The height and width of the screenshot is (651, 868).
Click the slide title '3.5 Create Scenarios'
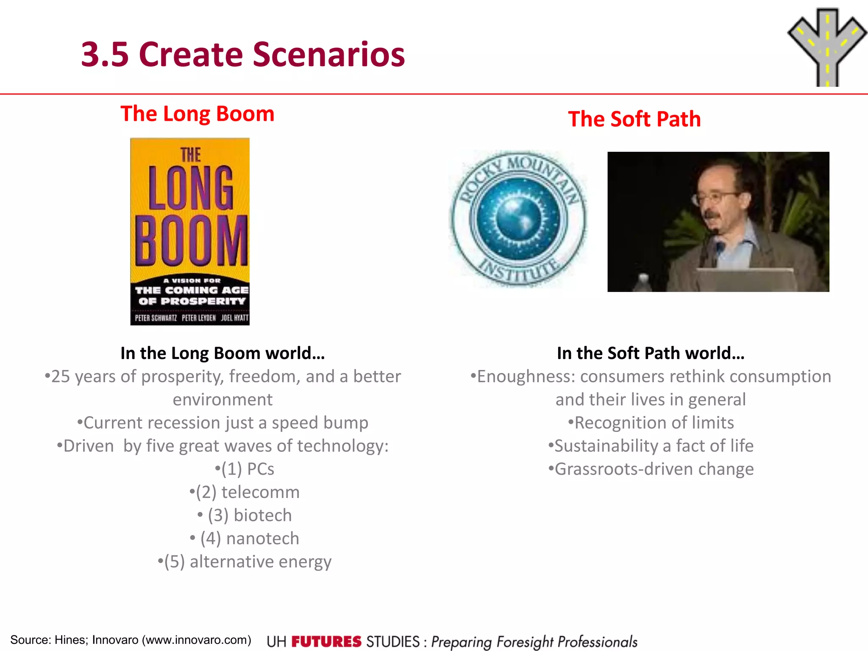click(x=243, y=54)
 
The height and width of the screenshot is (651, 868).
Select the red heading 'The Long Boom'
click(x=198, y=114)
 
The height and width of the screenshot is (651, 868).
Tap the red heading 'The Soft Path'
click(x=634, y=119)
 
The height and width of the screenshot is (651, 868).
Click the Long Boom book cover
click(x=190, y=231)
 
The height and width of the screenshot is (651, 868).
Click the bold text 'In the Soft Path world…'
click(x=651, y=353)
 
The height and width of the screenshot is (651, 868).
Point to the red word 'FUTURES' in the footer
click(x=326, y=642)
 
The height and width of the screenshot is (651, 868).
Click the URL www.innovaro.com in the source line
click(x=196, y=640)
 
